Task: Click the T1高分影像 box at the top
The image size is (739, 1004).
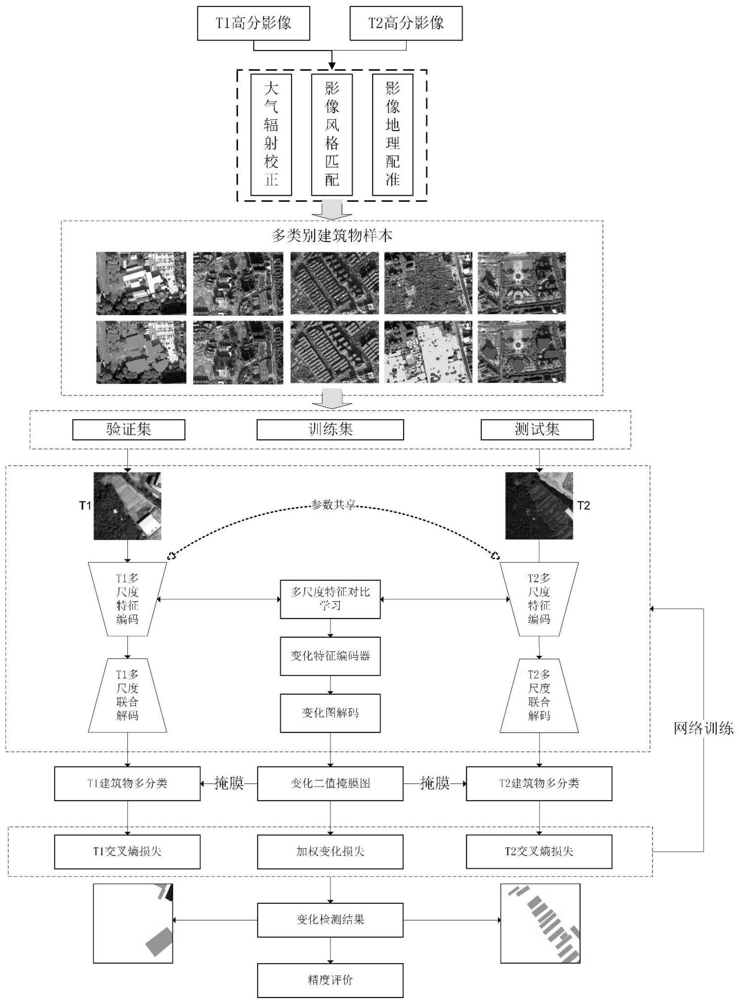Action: click(x=253, y=23)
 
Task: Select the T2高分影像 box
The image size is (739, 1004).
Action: click(x=406, y=23)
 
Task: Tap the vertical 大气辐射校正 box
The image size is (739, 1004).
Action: click(x=271, y=135)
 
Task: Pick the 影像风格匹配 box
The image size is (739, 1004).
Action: click(x=332, y=135)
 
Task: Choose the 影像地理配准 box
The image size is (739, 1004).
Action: click(x=393, y=135)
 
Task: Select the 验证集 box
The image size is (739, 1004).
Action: click(x=129, y=430)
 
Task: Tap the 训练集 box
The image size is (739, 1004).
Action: click(x=330, y=430)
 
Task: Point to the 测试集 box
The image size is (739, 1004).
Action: click(x=537, y=430)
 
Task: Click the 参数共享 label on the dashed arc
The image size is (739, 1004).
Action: click(x=334, y=505)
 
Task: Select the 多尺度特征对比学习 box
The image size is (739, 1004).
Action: click(x=331, y=599)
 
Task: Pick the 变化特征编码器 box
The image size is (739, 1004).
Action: click(x=331, y=656)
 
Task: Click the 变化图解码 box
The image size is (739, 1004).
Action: click(x=331, y=713)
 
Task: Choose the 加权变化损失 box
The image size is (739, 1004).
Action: click(x=330, y=852)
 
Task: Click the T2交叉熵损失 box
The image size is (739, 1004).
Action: click(x=539, y=852)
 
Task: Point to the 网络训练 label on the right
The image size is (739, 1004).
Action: click(x=704, y=729)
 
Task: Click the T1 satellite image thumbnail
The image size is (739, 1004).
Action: click(x=128, y=506)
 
